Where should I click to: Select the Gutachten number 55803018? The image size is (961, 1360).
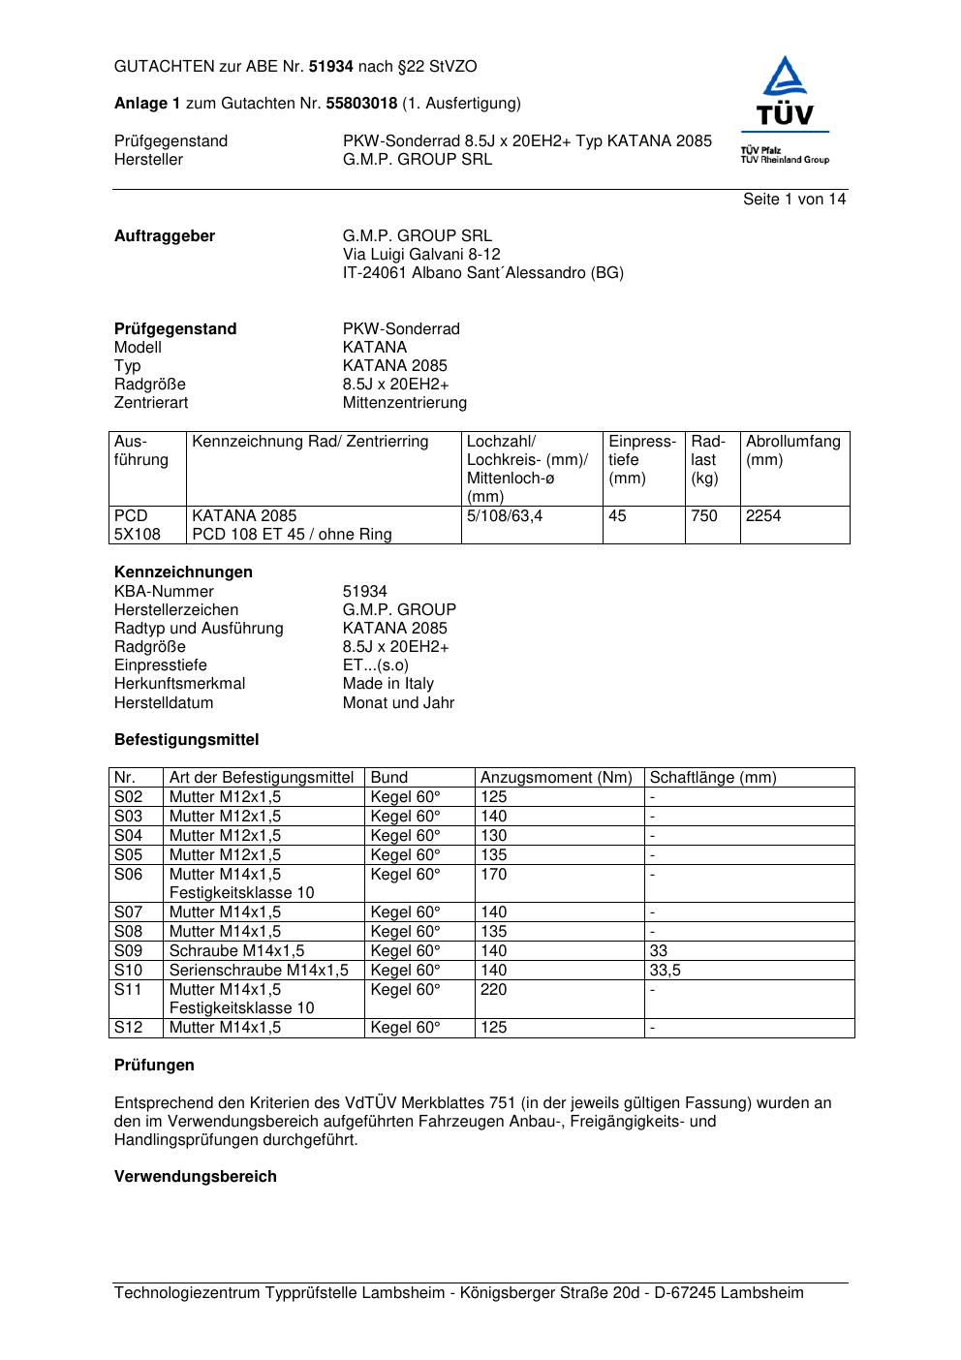(361, 103)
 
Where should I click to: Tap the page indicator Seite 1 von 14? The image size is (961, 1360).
(794, 199)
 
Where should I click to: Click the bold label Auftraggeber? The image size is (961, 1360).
(165, 235)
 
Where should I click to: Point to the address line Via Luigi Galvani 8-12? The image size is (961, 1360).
(421, 254)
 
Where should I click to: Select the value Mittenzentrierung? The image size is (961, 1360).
(404, 402)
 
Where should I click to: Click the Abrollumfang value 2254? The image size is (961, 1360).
(763, 515)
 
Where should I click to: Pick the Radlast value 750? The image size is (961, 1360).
(704, 515)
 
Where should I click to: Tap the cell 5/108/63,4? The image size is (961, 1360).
(505, 515)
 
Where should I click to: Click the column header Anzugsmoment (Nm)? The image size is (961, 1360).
(556, 777)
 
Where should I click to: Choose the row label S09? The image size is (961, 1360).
(128, 950)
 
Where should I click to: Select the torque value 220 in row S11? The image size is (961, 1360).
(493, 989)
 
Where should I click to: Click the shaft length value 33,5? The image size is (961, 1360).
(665, 970)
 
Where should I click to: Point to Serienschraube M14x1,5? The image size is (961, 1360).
(259, 970)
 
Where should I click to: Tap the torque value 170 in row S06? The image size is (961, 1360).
(493, 874)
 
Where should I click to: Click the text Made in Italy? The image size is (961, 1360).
(388, 683)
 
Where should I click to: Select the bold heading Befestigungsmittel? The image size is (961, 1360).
(186, 739)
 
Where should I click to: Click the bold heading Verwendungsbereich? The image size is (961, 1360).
(195, 1176)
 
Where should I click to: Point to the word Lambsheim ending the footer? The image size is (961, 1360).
(761, 1292)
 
